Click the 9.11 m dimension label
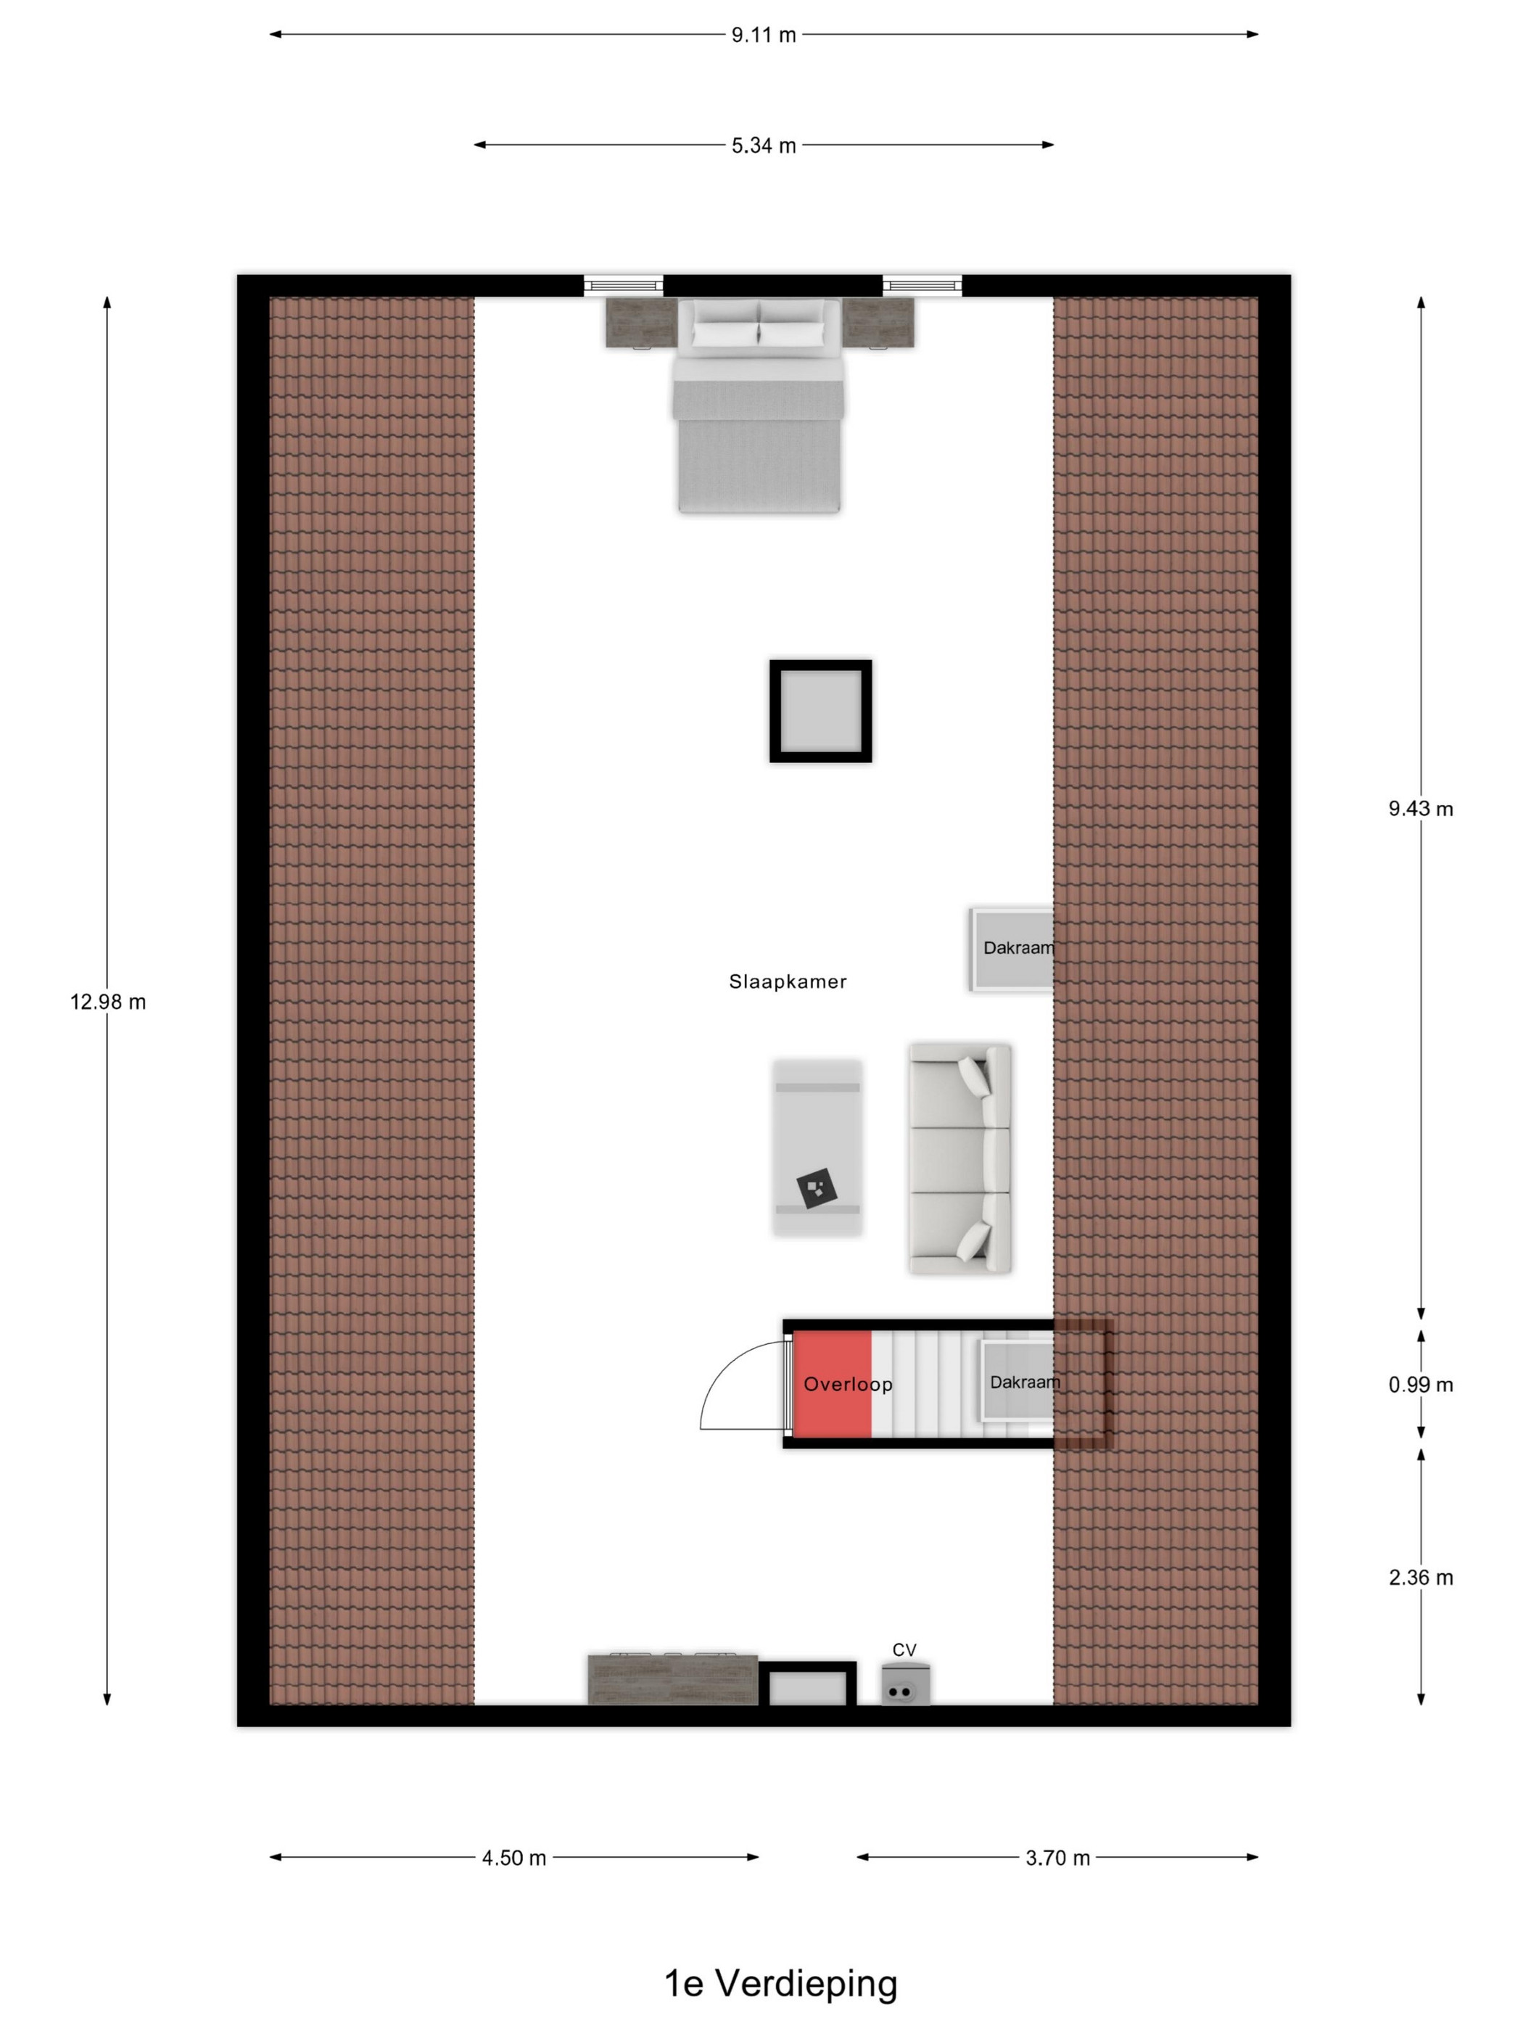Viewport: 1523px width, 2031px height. pyautogui.click(x=763, y=35)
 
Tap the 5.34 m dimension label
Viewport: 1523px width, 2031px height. pyautogui.click(x=763, y=145)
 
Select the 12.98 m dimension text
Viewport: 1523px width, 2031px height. pyautogui.click(x=107, y=1002)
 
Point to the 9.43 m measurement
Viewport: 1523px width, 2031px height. pyautogui.click(x=1420, y=809)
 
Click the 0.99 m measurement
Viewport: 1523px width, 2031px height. pyautogui.click(x=1420, y=1385)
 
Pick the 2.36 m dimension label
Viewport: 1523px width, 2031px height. pyautogui.click(x=1420, y=1578)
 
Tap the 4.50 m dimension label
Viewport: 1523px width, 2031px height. pyautogui.click(x=514, y=1858)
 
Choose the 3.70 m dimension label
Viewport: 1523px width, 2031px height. pyautogui.click(x=1057, y=1858)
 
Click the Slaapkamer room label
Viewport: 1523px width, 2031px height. pyautogui.click(x=788, y=981)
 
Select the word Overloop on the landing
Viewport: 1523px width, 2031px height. pyautogui.click(x=847, y=1384)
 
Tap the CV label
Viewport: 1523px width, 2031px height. pyautogui.click(x=904, y=1650)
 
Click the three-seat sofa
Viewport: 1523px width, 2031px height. pyautogui.click(x=959, y=1158)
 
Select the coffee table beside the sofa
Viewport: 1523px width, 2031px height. pyautogui.click(x=817, y=1148)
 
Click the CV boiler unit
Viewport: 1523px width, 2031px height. pyautogui.click(x=905, y=1685)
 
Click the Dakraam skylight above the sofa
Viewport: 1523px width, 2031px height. pyautogui.click(x=1012, y=949)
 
